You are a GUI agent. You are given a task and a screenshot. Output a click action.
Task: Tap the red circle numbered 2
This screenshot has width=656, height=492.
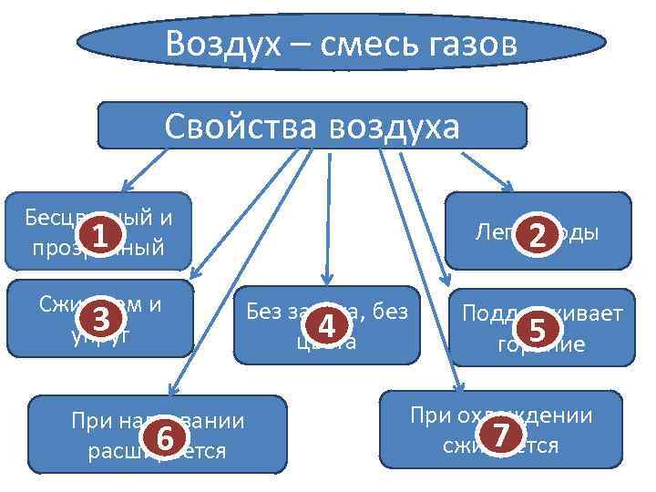coord(538,236)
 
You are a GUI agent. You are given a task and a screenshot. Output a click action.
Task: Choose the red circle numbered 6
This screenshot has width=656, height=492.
coord(164,437)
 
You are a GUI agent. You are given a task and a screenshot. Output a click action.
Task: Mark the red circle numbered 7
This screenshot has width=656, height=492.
coord(497,435)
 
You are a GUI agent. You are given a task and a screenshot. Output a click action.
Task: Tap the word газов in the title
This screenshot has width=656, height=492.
coord(464,43)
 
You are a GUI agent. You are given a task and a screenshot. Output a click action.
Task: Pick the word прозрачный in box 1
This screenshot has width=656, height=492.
coord(97,247)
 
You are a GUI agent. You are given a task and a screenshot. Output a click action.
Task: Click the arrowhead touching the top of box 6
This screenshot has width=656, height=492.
coord(171,387)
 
